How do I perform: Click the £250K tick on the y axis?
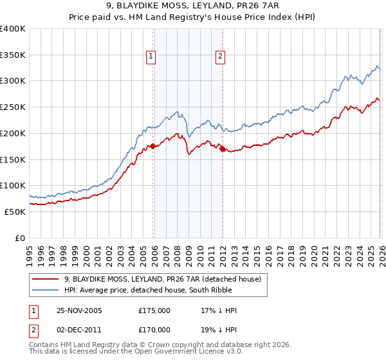(x=13, y=107)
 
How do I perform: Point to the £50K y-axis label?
(x=15, y=212)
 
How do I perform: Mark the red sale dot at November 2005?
(x=153, y=147)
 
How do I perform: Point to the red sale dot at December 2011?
(x=222, y=149)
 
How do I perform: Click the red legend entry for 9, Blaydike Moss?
(x=162, y=279)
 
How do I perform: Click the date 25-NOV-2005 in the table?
(x=79, y=310)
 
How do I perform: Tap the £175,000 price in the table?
(x=154, y=310)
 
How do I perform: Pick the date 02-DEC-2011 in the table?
(x=79, y=329)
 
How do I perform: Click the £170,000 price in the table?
(x=154, y=329)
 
